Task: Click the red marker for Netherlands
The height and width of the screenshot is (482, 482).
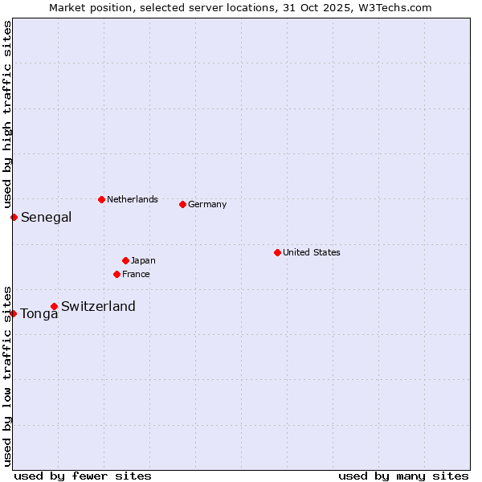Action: coord(101,199)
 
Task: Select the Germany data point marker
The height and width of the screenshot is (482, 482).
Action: coord(182,204)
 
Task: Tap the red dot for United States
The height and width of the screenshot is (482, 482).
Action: coord(277,252)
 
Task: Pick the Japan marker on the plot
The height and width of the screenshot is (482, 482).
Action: coord(125,260)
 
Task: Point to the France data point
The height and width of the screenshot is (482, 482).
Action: coord(116,274)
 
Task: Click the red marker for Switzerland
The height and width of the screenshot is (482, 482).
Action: coord(54,306)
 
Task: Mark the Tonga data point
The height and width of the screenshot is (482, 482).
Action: coord(14,313)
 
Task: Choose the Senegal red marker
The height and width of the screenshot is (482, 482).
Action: coord(14,217)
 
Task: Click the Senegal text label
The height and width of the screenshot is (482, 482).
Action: coord(46,217)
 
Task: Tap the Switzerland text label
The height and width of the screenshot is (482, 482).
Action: coord(98,306)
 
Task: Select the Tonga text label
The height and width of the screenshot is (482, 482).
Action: coord(39,314)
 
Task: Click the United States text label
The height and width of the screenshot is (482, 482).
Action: coord(311,252)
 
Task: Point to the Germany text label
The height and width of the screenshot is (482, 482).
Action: coord(207,204)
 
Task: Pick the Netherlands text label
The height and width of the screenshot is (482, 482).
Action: coord(132,199)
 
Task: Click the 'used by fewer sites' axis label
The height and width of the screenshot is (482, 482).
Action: coord(83,476)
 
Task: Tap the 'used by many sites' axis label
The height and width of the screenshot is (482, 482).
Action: coord(403,476)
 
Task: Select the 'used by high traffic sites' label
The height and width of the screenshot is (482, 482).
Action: coord(7,115)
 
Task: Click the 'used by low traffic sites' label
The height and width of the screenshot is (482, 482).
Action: coord(7,375)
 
